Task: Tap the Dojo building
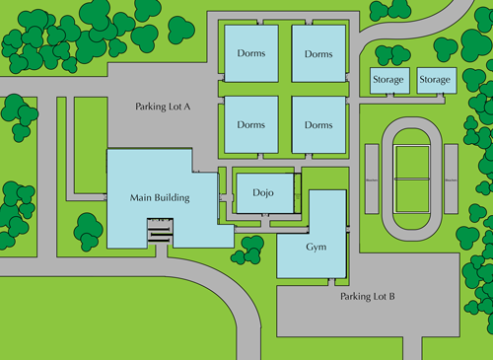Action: pyautogui.click(x=262, y=192)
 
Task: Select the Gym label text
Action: pyautogui.click(x=316, y=247)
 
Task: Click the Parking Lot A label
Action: pyautogui.click(x=163, y=107)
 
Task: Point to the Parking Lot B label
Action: pyautogui.click(x=368, y=296)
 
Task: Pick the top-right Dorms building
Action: pyautogui.click(x=318, y=52)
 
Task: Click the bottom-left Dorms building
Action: pyautogui.click(x=250, y=125)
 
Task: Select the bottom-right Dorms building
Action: pyautogui.click(x=318, y=125)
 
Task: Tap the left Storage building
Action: pyautogui.click(x=387, y=80)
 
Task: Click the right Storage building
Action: pyautogui.click(x=435, y=80)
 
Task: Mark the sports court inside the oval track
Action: pyautogui.click(x=412, y=179)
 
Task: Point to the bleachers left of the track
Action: pyautogui.click(x=372, y=179)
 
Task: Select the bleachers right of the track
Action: pyautogui.click(x=452, y=179)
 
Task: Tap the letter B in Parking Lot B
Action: pyautogui.click(x=391, y=296)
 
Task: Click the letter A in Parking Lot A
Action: pyautogui.click(x=187, y=107)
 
